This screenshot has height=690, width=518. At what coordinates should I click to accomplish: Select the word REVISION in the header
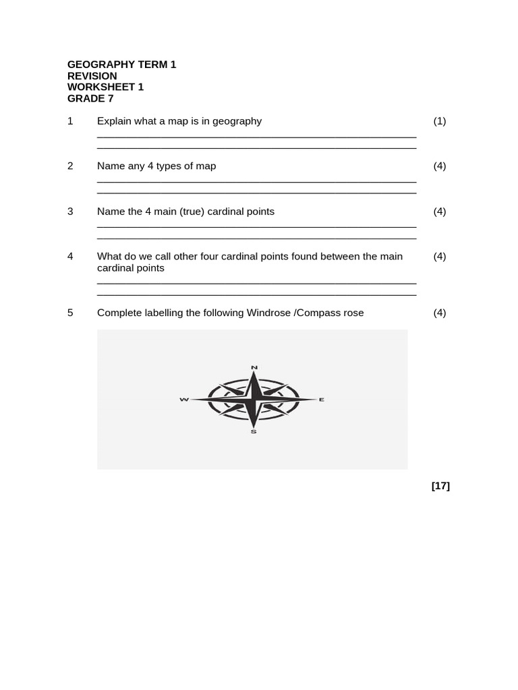pyautogui.click(x=92, y=76)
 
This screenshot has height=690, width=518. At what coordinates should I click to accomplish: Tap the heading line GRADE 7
pyautogui.click(x=90, y=98)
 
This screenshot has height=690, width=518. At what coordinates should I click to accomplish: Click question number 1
pyautogui.click(x=70, y=121)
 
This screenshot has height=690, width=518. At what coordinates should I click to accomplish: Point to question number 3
pyautogui.click(x=70, y=212)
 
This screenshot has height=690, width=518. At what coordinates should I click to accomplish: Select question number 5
pyautogui.click(x=70, y=313)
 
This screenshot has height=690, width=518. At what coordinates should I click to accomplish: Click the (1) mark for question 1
pyautogui.click(x=440, y=121)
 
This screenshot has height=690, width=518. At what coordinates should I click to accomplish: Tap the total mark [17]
pyautogui.click(x=440, y=486)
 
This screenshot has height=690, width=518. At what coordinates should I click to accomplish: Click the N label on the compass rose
pyautogui.click(x=254, y=367)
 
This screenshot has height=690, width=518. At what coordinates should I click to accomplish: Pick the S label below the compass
pyautogui.click(x=254, y=432)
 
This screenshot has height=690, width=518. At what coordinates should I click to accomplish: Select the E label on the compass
pyautogui.click(x=322, y=400)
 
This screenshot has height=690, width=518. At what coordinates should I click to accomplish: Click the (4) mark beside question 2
pyautogui.click(x=440, y=166)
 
